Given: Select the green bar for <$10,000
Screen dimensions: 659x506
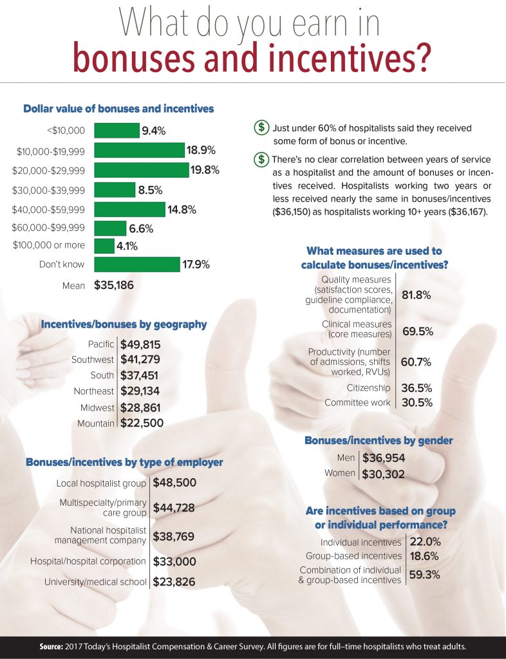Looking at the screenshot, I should (x=117, y=131).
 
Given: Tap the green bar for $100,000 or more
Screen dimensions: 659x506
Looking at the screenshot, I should (x=104, y=246).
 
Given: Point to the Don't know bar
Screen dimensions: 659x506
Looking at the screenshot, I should (x=136, y=265).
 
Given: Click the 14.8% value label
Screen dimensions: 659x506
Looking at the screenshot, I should (x=183, y=209).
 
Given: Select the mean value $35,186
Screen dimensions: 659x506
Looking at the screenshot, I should (x=114, y=284).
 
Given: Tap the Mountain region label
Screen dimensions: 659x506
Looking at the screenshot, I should (x=95, y=423).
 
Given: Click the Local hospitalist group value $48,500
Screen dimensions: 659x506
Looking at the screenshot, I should (x=174, y=483).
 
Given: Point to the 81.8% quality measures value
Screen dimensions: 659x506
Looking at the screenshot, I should (x=417, y=295).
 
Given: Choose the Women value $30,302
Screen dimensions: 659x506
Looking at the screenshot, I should (x=384, y=474).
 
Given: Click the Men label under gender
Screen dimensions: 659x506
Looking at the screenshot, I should (x=346, y=458).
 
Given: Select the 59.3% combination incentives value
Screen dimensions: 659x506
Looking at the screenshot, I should (x=425, y=575).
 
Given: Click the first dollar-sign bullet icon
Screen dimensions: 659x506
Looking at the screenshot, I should (x=261, y=127).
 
